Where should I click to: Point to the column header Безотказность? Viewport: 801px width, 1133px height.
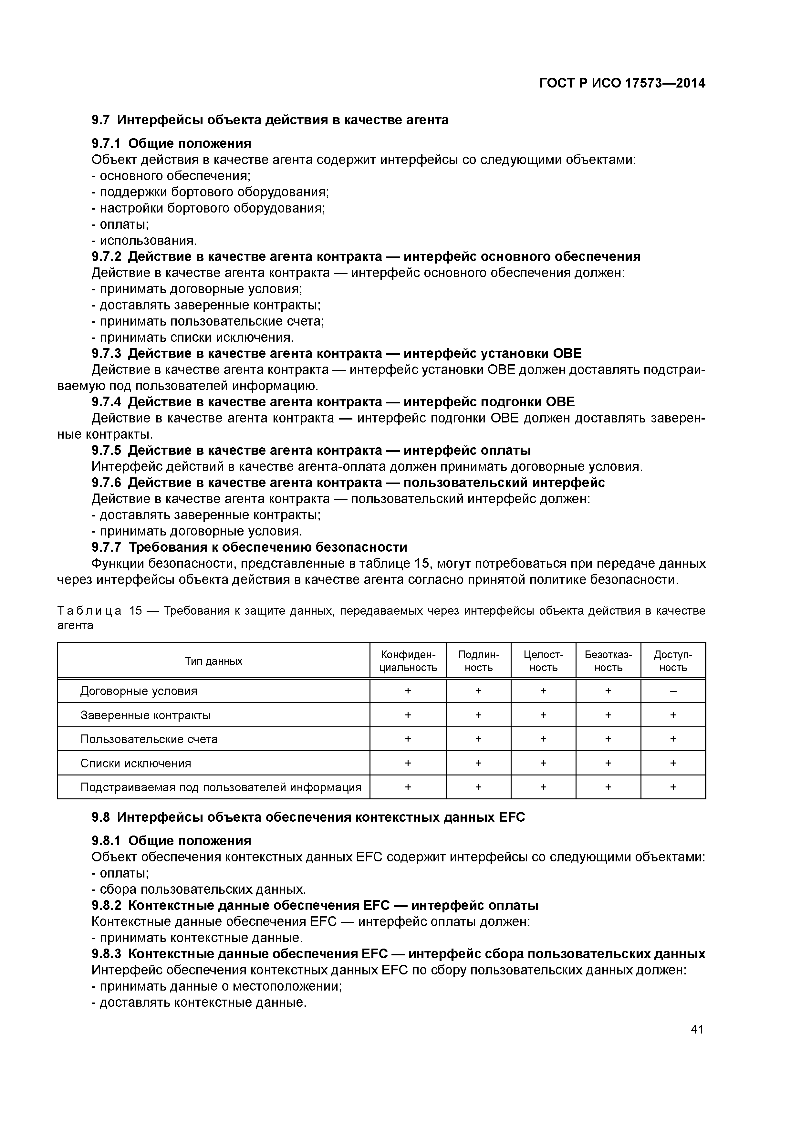[x=608, y=661]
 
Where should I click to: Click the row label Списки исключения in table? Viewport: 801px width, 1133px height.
[x=136, y=764]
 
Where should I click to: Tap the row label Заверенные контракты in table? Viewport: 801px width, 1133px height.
[x=146, y=715]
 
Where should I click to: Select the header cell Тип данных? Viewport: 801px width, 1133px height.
[x=214, y=661]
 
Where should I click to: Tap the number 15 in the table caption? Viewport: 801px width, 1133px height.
[x=136, y=611]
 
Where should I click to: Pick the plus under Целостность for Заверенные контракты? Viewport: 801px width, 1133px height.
[x=543, y=715]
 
